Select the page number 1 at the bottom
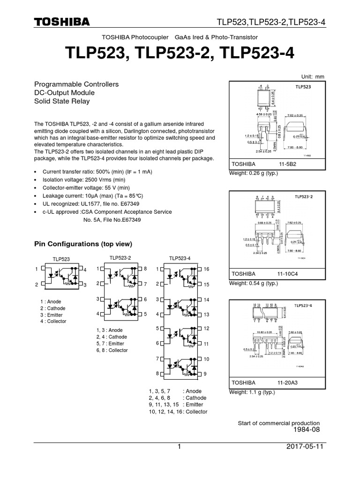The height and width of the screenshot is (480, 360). (x=179, y=447)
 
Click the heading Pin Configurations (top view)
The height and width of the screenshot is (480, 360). (x=83, y=244)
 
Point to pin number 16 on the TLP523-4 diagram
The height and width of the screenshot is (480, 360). (x=206, y=269)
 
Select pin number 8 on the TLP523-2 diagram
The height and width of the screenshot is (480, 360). (x=145, y=269)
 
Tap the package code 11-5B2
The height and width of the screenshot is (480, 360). (x=290, y=165)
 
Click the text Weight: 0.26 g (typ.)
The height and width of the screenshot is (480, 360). (x=253, y=173)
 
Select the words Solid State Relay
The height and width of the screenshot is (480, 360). (x=62, y=101)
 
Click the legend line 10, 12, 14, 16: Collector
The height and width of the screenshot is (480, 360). (x=178, y=412)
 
